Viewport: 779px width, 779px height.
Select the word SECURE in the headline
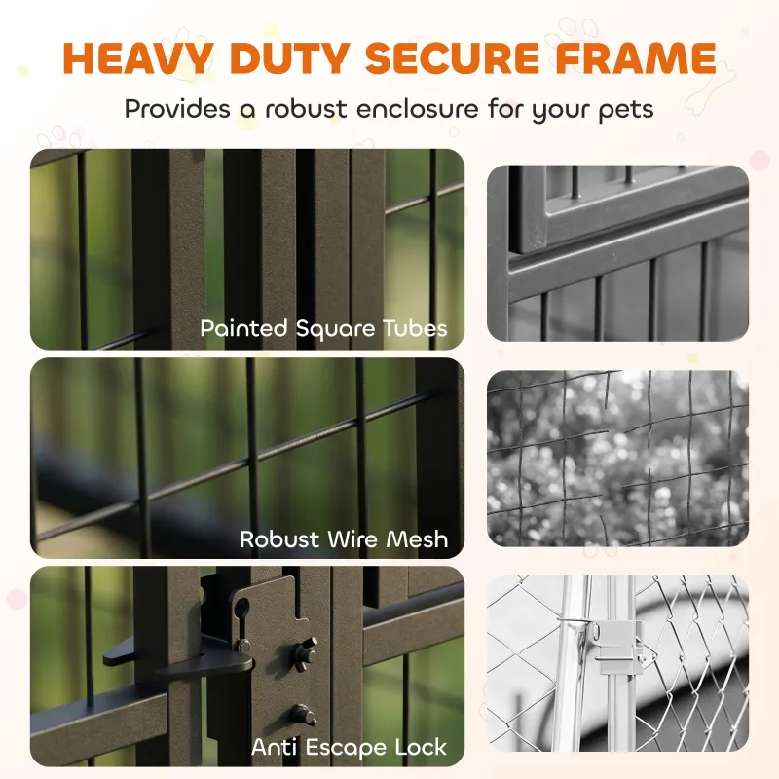(x=452, y=58)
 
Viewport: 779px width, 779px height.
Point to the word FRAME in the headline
(x=636, y=58)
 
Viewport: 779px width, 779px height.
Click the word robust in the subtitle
(x=306, y=109)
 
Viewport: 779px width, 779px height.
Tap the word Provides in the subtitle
(x=177, y=108)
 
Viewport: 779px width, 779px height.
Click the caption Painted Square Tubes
(x=323, y=328)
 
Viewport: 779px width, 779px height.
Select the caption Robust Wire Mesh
(x=344, y=539)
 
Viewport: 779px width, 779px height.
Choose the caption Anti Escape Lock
(x=349, y=747)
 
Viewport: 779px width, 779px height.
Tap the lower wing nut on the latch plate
(x=303, y=715)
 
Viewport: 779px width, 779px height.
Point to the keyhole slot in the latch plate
(x=241, y=616)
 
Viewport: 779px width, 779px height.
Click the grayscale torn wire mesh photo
(x=617, y=458)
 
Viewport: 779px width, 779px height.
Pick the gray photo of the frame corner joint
(x=617, y=253)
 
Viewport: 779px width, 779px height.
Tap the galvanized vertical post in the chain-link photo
(x=571, y=663)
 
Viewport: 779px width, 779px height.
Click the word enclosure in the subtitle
(x=418, y=109)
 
